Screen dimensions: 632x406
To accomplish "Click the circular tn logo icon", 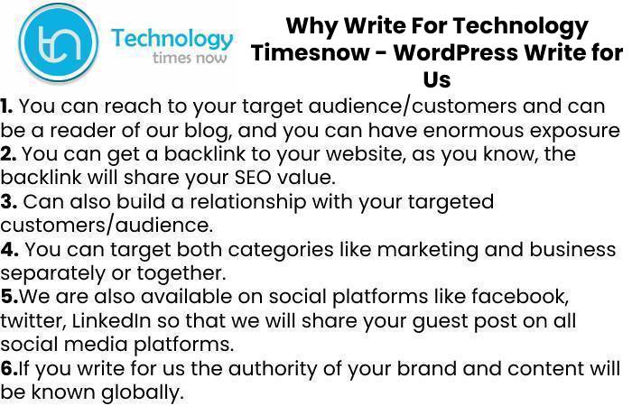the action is tap(59, 42).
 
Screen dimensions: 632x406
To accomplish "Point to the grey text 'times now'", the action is tap(190, 58).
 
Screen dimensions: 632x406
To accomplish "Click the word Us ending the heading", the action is tap(437, 79).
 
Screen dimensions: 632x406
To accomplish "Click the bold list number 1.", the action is tap(6, 106).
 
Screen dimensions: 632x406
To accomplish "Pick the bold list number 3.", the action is tap(8, 201).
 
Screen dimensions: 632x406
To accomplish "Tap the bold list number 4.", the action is tap(9, 249).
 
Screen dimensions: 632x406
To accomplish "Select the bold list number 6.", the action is tap(9, 368).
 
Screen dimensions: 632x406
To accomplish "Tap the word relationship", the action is tap(248, 202).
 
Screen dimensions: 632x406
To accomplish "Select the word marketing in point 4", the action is tap(428, 250).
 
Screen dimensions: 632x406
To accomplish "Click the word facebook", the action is tap(520, 297).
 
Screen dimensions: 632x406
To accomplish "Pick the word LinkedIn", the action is tap(111, 320).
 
